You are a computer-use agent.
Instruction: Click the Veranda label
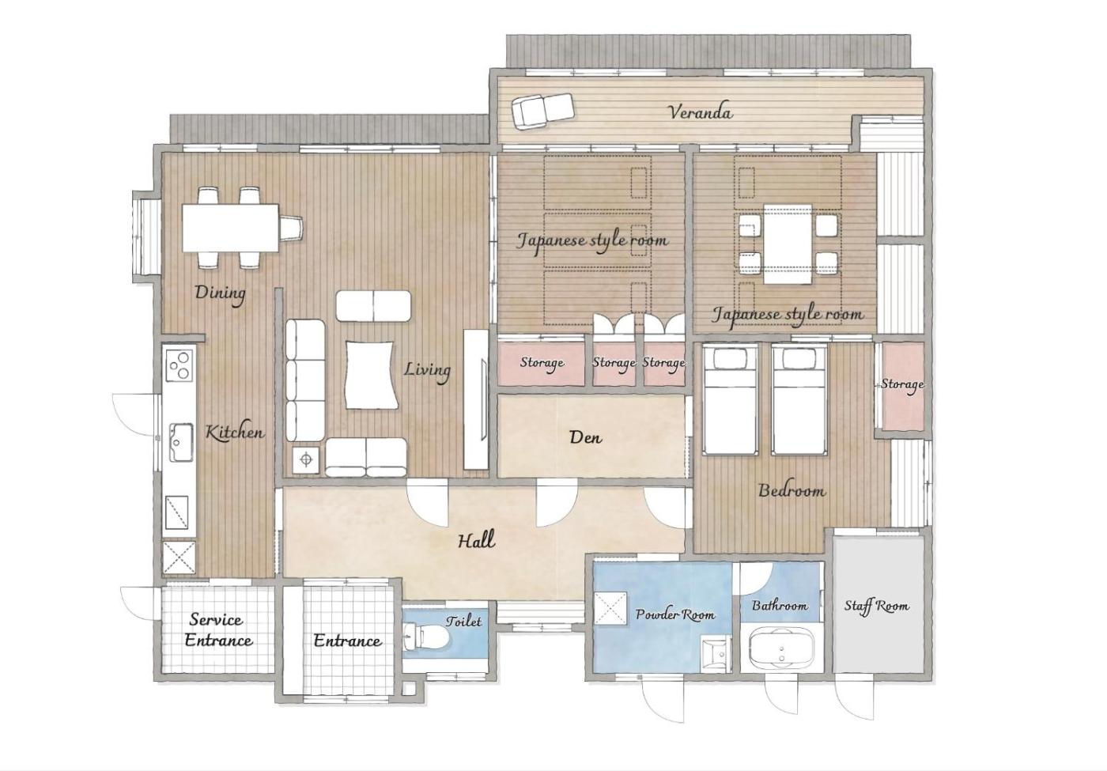point(701,112)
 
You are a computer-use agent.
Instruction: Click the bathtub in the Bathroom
point(781,648)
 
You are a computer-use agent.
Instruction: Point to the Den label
point(585,437)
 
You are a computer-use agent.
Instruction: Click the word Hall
point(476,540)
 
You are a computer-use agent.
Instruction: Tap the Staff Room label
point(876,607)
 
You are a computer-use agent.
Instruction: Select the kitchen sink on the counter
point(181,442)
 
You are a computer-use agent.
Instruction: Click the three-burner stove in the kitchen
point(179,365)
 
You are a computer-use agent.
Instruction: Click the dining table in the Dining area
point(230,228)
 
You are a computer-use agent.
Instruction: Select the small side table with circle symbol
point(306,459)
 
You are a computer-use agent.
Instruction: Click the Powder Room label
point(675,615)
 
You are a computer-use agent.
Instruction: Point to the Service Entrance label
point(218,630)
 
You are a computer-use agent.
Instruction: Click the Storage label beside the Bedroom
point(902,384)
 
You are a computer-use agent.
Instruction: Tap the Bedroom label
point(792,491)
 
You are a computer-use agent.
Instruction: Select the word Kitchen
point(234,433)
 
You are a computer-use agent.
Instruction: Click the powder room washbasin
point(715,655)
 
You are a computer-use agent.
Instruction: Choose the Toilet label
point(463,622)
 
